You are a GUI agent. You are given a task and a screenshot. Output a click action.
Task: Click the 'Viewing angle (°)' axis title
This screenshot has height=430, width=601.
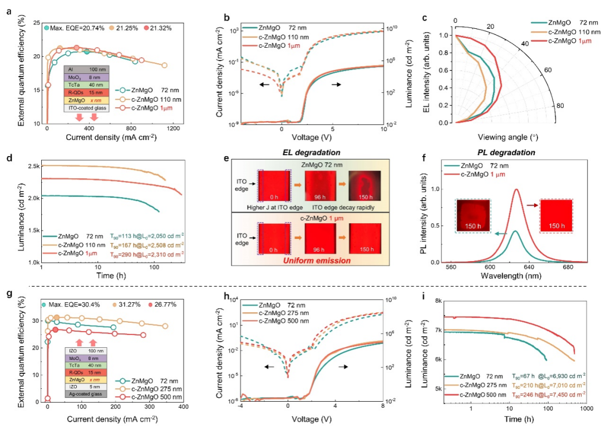(506, 136)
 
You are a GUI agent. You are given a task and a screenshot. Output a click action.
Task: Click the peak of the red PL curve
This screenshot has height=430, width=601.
(516, 189)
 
